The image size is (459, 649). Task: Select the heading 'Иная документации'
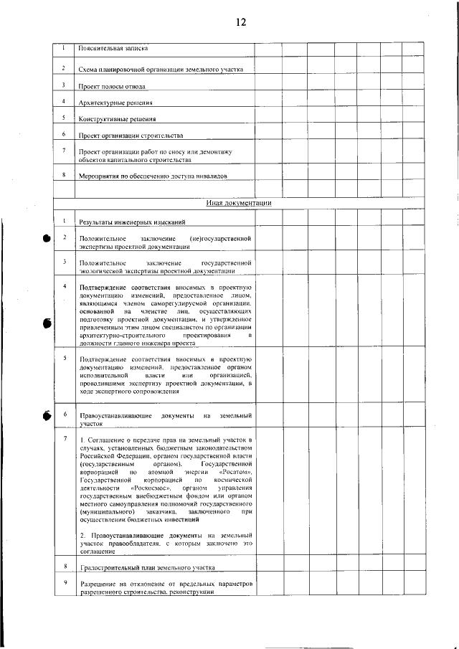tap(239, 203)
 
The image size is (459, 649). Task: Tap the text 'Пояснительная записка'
tap(113, 49)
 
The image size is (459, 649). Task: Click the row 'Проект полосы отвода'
tap(113, 86)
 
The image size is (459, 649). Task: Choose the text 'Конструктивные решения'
tap(118, 119)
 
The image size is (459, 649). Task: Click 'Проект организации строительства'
tap(131, 136)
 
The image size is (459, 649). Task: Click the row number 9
tap(65, 583)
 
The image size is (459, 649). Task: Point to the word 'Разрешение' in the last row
tap(96, 584)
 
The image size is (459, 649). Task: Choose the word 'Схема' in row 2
tap(87, 70)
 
